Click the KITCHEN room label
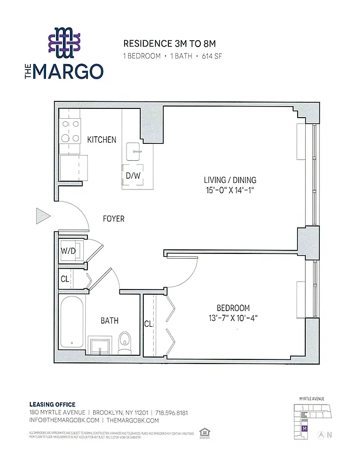pos(101,140)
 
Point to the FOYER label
pos(114,219)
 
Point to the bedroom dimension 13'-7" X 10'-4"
pos(233,318)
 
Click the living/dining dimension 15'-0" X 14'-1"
pos(230,190)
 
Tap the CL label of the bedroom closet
pos(149,324)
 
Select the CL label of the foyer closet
pos(65,279)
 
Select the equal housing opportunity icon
pos(204,432)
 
